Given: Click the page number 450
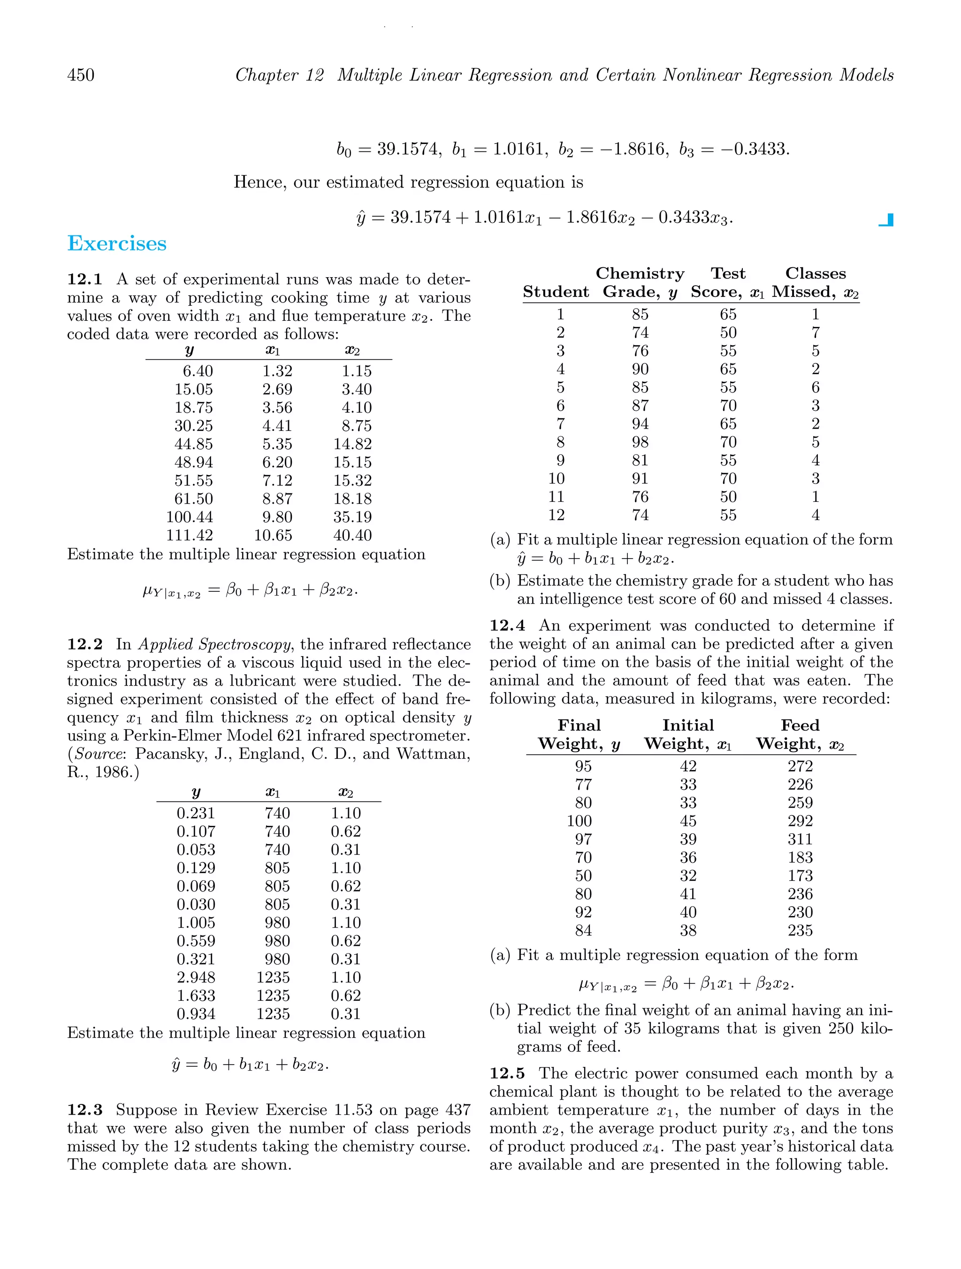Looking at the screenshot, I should [81, 75].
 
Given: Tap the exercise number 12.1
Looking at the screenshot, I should [84, 279].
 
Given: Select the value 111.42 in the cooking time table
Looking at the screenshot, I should [190, 535].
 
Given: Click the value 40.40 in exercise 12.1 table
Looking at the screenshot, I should [352, 535].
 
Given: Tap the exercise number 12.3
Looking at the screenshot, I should [84, 1110].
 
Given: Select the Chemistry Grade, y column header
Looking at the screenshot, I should [640, 283].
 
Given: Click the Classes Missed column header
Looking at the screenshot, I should [815, 283].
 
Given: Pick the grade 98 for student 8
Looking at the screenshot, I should [640, 442].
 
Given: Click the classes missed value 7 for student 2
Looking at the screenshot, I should [815, 333].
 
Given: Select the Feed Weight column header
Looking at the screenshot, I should [800, 734].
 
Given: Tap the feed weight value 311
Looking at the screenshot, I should [800, 839].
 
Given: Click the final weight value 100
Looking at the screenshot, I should [579, 821].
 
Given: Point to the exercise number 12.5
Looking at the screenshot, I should [507, 1073].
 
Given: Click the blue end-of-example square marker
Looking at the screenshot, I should [887, 220].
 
